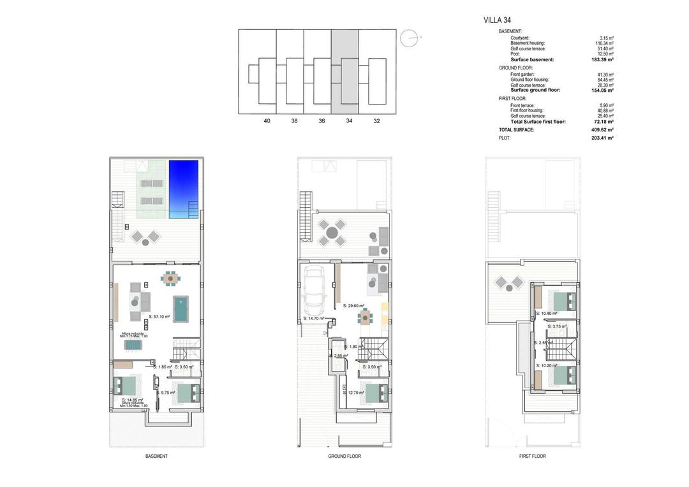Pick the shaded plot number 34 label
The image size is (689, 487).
[x=349, y=120]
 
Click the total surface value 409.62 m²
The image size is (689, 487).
[x=602, y=129]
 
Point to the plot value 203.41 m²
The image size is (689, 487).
[x=602, y=138]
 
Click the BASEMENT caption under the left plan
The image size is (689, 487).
[x=156, y=456]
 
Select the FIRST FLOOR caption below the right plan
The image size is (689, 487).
[x=532, y=456]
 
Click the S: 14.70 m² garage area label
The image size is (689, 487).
[x=314, y=318]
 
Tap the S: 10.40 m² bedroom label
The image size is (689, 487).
[x=547, y=314]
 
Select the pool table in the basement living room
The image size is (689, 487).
[x=182, y=309]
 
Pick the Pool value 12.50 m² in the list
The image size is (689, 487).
[x=605, y=54]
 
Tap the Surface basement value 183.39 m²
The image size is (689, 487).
[x=602, y=60]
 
